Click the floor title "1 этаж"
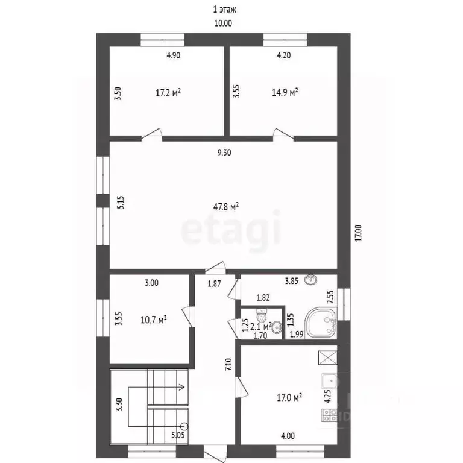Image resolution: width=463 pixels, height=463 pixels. (224, 10)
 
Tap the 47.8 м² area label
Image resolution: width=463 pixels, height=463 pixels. (226, 206)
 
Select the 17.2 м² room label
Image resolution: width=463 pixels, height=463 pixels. (168, 93)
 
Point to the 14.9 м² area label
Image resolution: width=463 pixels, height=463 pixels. (285, 92)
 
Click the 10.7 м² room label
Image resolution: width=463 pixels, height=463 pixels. (154, 320)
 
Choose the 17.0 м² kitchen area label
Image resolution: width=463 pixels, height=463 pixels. (289, 397)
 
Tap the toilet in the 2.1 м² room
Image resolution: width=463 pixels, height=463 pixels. (261, 316)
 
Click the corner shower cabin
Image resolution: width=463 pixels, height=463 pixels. (321, 323)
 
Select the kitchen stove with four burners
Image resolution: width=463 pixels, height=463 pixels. (329, 415)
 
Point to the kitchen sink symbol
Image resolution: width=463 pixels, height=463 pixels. (329, 381)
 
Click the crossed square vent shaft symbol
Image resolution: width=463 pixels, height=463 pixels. (327, 357)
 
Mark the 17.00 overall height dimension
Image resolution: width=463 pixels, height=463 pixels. (358, 233)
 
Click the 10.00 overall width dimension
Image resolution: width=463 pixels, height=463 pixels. (223, 23)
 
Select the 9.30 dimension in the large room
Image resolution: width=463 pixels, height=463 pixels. (224, 153)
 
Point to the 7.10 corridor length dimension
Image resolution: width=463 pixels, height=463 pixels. (228, 364)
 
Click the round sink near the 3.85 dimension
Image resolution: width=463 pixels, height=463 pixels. (311, 279)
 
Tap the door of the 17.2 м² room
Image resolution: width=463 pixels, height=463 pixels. (152, 134)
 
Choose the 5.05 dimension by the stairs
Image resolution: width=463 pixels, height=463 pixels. (178, 435)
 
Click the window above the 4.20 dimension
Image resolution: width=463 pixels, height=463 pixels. (285, 40)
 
